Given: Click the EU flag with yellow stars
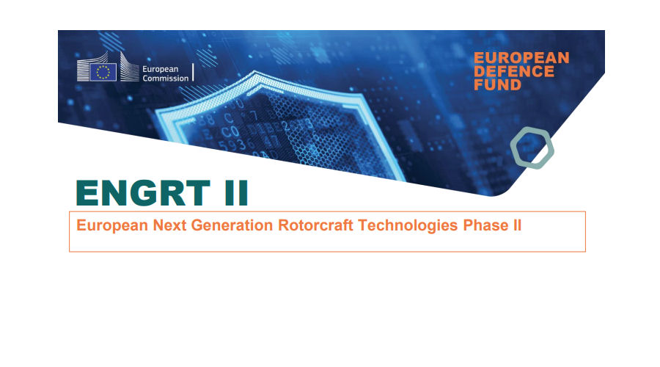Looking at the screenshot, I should click(104, 71).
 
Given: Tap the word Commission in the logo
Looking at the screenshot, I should click(165, 77).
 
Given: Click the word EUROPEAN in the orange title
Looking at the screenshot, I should click(521, 57).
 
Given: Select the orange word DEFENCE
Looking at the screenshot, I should click(513, 71).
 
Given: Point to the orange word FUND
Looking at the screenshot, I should click(497, 85).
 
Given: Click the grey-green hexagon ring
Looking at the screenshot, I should click(532, 148).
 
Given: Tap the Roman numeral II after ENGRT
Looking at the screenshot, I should click(231, 193).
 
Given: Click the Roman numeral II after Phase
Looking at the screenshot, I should click(516, 225).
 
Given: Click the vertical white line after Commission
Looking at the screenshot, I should click(193, 71).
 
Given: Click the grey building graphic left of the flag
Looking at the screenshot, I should click(84, 70).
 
